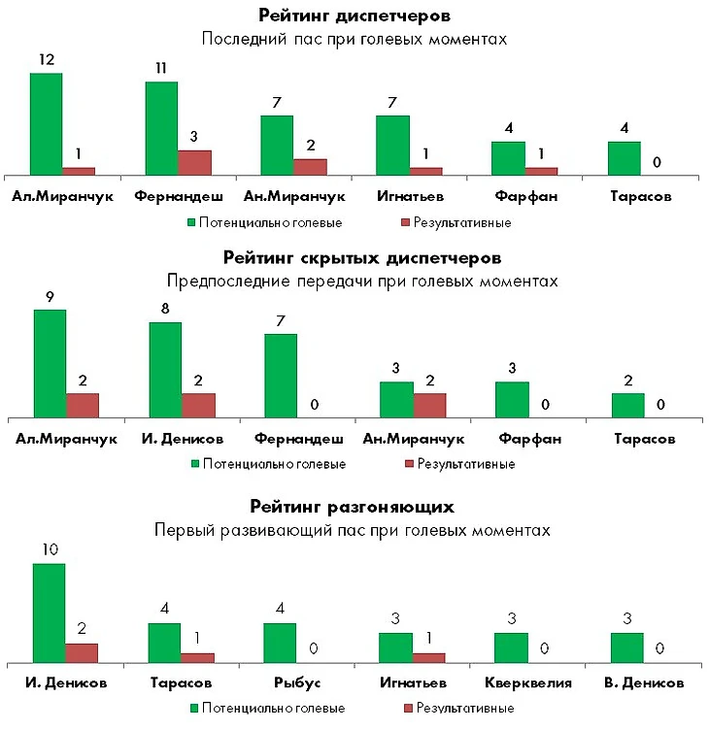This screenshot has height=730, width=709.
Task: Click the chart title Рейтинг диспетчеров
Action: click(354, 16)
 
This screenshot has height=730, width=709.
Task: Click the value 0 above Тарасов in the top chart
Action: click(658, 163)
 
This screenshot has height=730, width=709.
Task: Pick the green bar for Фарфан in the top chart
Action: click(508, 158)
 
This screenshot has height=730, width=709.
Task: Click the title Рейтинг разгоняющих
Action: click(352, 507)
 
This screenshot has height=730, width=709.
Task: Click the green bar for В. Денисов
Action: click(626, 647)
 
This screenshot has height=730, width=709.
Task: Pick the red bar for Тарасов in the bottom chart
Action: click(198, 657)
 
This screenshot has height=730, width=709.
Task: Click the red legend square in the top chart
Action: click(405, 222)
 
